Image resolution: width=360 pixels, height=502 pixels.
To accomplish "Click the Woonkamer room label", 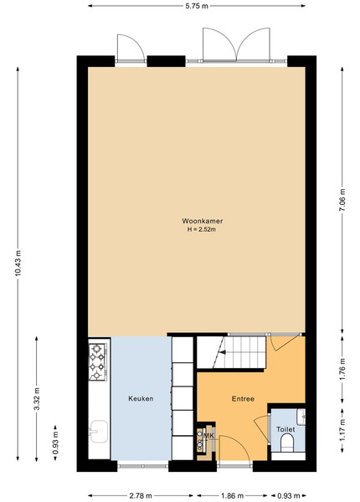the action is click(x=203, y=221).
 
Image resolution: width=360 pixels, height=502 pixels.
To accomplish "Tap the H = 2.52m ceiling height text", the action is click(x=202, y=229).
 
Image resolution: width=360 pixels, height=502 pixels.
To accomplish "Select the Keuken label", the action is click(x=141, y=398).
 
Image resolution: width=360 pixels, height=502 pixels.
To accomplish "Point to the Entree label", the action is click(x=243, y=398).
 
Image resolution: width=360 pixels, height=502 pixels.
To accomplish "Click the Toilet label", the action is click(x=285, y=429).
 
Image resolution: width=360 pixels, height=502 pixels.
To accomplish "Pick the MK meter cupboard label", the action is click(x=208, y=436).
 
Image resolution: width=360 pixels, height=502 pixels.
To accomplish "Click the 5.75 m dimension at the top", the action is click(x=197, y=6).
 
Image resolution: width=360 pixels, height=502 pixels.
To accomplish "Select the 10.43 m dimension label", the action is click(x=18, y=263).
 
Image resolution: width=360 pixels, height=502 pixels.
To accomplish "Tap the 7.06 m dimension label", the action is click(x=342, y=200).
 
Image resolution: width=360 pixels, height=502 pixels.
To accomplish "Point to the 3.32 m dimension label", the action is click(x=37, y=398).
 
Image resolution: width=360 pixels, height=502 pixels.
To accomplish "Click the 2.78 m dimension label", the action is click(x=141, y=496).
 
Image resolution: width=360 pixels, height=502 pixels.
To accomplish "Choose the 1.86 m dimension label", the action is click(x=232, y=496).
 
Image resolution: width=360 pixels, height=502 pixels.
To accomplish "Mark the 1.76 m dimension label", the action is click(x=342, y=369).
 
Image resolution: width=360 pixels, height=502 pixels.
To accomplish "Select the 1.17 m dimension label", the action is click(x=342, y=430).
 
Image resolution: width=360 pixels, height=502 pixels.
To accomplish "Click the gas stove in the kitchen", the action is click(x=97, y=361).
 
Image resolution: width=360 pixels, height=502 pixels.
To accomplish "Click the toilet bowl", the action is click(x=287, y=444).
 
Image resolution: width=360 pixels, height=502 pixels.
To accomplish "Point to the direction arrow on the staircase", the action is click(x=223, y=352).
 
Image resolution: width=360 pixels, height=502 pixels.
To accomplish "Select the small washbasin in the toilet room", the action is click(x=301, y=417).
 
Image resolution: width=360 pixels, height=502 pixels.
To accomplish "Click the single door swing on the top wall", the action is click(x=131, y=48).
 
